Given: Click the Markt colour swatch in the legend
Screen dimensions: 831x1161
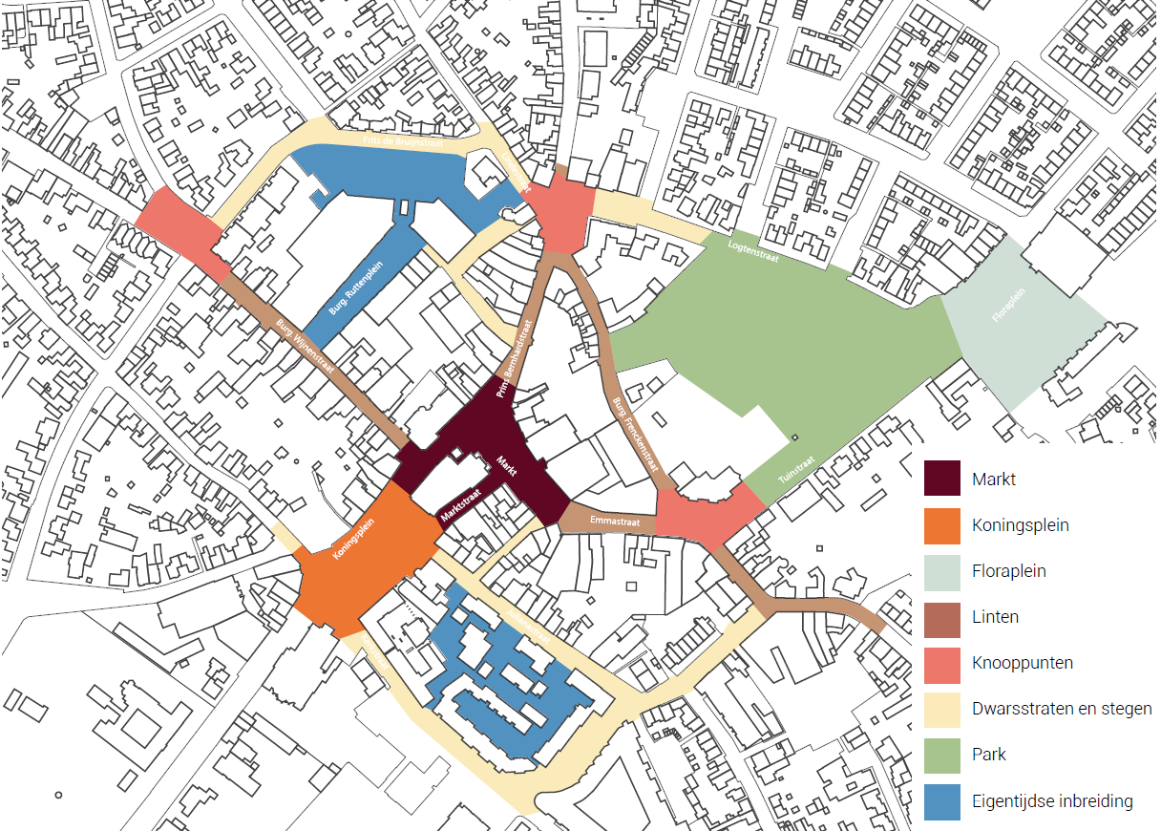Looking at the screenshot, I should tap(942, 479).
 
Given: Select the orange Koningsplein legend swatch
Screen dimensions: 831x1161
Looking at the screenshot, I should tap(942, 524).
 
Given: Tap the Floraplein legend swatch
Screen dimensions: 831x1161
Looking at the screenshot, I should tap(942, 570).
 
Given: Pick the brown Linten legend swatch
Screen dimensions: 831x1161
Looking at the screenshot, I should tap(942, 616).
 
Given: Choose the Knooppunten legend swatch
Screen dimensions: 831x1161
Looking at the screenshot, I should tap(942, 662).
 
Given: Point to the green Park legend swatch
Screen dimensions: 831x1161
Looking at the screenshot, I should tap(942, 754).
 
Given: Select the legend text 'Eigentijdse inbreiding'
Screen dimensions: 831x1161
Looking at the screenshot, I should tap(1052, 800).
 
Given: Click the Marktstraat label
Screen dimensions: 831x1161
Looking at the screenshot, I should tap(459, 503).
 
